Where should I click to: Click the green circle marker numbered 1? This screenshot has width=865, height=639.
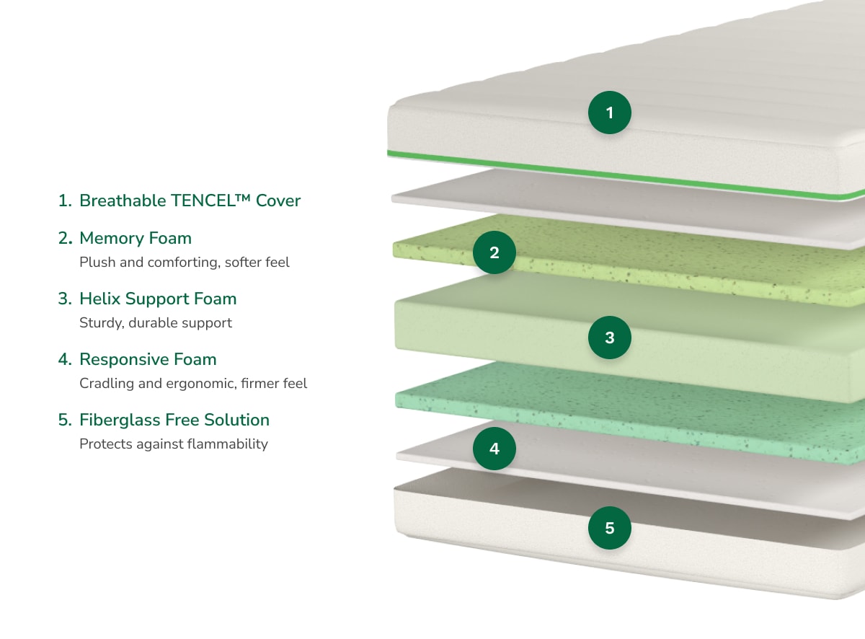tap(610, 113)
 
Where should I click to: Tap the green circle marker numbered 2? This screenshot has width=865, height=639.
tap(494, 252)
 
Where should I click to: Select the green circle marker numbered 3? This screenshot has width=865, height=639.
tap(610, 338)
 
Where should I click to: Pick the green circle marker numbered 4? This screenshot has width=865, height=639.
tap(494, 449)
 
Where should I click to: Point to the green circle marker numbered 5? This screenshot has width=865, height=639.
tap(610, 528)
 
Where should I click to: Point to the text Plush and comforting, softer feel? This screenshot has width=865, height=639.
tap(185, 263)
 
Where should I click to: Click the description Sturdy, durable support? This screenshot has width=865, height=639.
tap(156, 323)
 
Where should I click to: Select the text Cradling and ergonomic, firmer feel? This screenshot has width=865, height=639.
tap(193, 384)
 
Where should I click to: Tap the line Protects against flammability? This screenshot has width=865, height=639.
tap(174, 444)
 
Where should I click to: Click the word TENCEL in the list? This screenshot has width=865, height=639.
tap(201, 200)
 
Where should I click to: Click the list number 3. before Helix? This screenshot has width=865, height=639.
tap(65, 299)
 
